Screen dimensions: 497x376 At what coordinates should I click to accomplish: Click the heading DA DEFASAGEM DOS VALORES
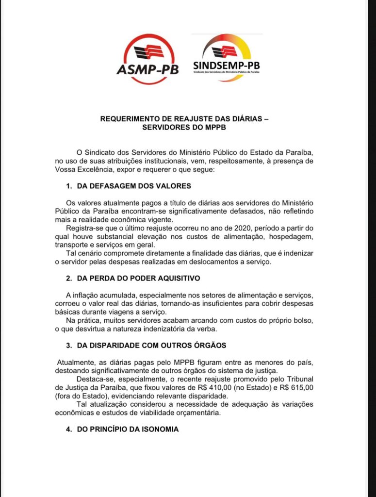pyautogui.click(x=134, y=186)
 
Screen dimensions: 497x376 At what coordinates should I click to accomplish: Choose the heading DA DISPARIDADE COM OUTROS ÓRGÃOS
pyautogui.click(x=151, y=346)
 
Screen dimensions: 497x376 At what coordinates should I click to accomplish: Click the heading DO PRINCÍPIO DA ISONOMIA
pyautogui.click(x=128, y=429)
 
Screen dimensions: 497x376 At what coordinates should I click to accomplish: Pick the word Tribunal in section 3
pyautogui.click(x=299, y=379)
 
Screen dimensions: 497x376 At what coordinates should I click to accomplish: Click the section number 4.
pyautogui.click(x=68, y=429)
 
